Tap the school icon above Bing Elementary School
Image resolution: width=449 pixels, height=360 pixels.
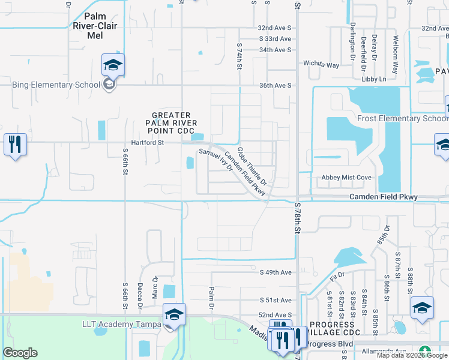[x=112, y=65]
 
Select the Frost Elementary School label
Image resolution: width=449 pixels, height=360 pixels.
[x=402, y=118]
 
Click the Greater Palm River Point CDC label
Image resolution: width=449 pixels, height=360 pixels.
[x=171, y=122]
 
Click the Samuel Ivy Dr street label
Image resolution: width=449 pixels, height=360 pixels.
[x=215, y=160]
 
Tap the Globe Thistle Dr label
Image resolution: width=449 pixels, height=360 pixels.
[x=252, y=165]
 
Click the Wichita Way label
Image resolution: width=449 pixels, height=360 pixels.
[x=321, y=65]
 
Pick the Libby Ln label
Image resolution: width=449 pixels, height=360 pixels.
[x=373, y=79]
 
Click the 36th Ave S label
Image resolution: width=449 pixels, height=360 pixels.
[x=274, y=85]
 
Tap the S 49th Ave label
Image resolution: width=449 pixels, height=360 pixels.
[x=276, y=272]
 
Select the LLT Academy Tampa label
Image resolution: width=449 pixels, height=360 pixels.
[x=122, y=325]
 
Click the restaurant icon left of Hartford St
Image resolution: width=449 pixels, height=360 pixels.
[x=15, y=145]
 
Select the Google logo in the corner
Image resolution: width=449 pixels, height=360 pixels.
[x=20, y=353]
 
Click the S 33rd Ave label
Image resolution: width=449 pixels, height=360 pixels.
[x=275, y=39]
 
